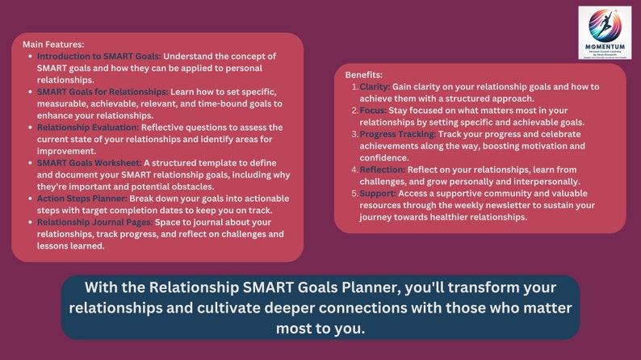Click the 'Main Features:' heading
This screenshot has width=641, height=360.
(x=53, y=44)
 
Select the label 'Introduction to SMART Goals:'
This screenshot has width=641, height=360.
(x=99, y=57)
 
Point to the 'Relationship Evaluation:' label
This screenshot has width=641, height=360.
(x=88, y=128)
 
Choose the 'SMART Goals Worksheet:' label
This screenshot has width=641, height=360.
(x=87, y=163)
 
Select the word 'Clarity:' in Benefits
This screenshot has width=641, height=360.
(x=375, y=86)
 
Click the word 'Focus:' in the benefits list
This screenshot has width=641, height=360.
(x=373, y=110)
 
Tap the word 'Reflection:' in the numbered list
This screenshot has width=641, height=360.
(x=383, y=170)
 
